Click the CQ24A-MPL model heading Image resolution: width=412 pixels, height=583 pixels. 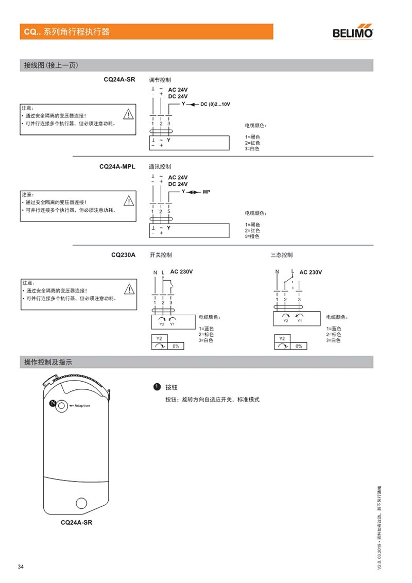(117, 166)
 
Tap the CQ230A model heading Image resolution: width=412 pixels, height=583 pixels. (123, 254)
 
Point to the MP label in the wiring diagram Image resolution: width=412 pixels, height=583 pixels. (207, 192)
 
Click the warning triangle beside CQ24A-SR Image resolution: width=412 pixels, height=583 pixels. (128, 114)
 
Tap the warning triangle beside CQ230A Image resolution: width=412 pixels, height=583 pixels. (128, 289)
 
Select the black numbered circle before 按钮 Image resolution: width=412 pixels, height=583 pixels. (154, 387)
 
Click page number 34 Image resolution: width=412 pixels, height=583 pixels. (21, 567)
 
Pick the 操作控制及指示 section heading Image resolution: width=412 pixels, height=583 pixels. (48, 362)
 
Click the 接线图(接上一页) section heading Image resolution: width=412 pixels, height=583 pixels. (51, 65)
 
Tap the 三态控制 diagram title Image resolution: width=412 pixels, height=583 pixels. (282, 254)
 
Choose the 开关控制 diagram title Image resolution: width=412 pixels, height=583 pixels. (161, 254)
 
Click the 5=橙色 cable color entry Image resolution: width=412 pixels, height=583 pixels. (252, 236)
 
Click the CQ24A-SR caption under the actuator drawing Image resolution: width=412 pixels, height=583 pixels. (77, 522)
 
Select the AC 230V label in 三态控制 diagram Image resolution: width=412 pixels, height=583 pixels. (311, 272)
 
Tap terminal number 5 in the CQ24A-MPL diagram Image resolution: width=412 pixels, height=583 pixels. (169, 212)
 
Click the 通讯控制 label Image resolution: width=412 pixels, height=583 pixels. (160, 166)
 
